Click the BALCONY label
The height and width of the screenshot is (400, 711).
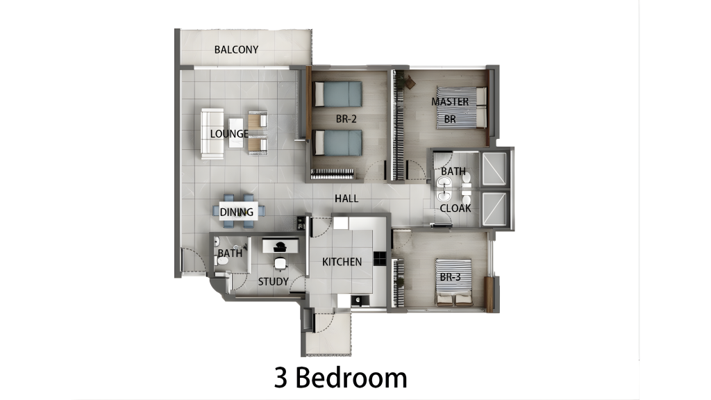click(236, 49)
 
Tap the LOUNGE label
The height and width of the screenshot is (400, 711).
click(229, 134)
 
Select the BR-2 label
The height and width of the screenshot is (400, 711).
click(346, 119)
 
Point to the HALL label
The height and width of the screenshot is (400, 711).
click(346, 198)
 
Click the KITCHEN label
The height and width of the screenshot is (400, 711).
click(342, 262)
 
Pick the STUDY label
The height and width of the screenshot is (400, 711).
click(273, 282)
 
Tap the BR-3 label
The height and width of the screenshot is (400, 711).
click(450, 277)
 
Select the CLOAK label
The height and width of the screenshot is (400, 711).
click(455, 208)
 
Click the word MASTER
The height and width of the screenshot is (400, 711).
click(450, 101)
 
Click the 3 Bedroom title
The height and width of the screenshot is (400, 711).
click(340, 378)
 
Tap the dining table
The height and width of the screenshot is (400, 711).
click(239, 212)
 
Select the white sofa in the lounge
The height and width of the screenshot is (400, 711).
click(212, 133)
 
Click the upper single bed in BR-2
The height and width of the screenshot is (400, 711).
click(337, 94)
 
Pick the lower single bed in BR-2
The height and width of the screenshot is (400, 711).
click(337, 142)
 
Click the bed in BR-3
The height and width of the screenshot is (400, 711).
click(453, 282)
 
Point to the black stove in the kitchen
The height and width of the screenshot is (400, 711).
click(380, 258)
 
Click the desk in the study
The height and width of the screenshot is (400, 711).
click(281, 246)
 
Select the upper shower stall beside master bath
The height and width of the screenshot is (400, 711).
click(494, 169)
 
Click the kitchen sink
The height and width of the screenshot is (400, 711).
click(360, 300)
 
